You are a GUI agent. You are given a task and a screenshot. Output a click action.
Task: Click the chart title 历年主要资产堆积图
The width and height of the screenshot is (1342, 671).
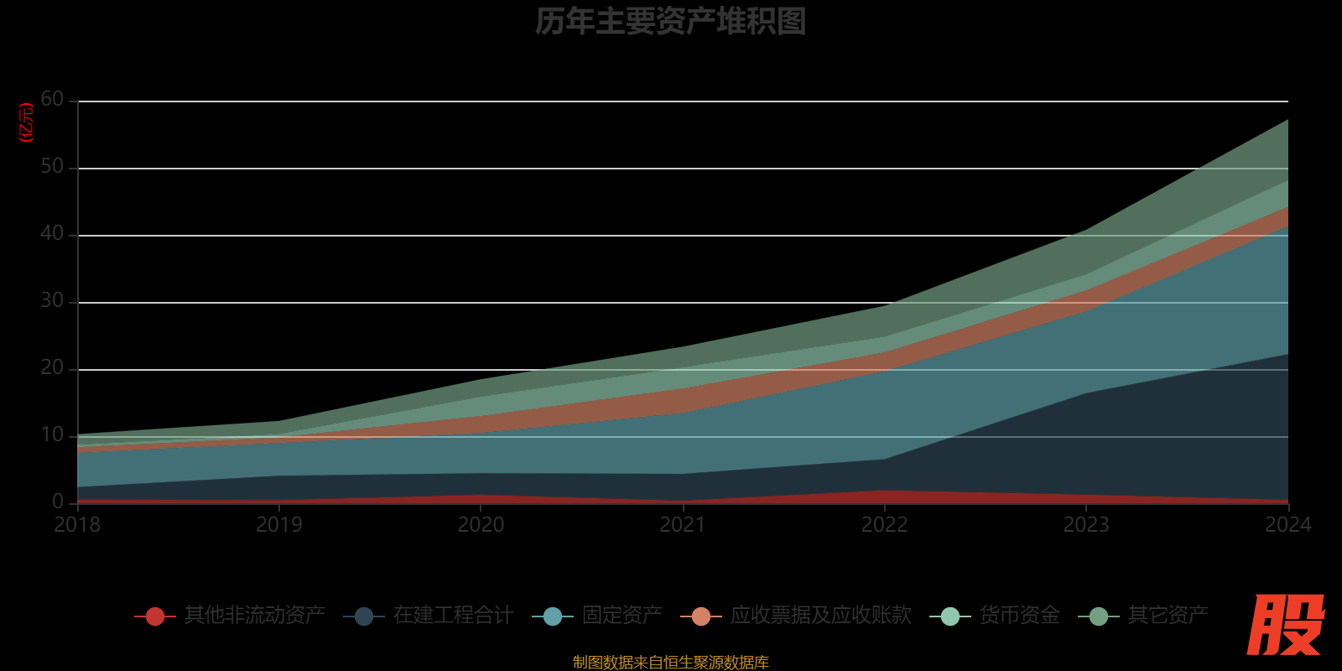click(670, 22)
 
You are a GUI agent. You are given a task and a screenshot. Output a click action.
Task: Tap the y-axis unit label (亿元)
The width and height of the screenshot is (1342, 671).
click(27, 122)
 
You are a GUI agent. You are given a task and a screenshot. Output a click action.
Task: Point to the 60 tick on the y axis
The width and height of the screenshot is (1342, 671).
click(52, 100)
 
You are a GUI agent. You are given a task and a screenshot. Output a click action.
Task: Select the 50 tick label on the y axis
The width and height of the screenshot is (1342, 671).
click(52, 167)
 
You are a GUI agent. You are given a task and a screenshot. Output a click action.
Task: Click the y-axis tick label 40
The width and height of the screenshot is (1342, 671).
click(52, 234)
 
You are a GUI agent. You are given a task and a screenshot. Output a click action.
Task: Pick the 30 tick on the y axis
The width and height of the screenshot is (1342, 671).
click(52, 301)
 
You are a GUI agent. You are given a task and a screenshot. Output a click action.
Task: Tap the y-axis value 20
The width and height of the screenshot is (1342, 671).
click(52, 368)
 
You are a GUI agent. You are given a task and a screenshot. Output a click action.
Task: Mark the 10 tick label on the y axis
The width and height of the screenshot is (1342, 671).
click(52, 435)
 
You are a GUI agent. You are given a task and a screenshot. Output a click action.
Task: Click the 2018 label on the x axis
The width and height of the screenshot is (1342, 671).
click(77, 525)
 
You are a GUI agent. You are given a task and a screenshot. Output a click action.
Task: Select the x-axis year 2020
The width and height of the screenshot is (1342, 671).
click(481, 525)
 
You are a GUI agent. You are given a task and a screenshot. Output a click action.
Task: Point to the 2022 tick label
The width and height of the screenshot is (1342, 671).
click(884, 525)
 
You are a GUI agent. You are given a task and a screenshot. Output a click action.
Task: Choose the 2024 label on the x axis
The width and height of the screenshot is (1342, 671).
click(1287, 525)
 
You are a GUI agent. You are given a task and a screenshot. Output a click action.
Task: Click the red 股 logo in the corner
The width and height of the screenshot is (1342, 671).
click(1285, 625)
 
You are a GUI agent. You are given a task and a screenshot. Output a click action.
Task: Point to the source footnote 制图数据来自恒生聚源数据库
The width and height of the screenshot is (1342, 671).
click(670, 663)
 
